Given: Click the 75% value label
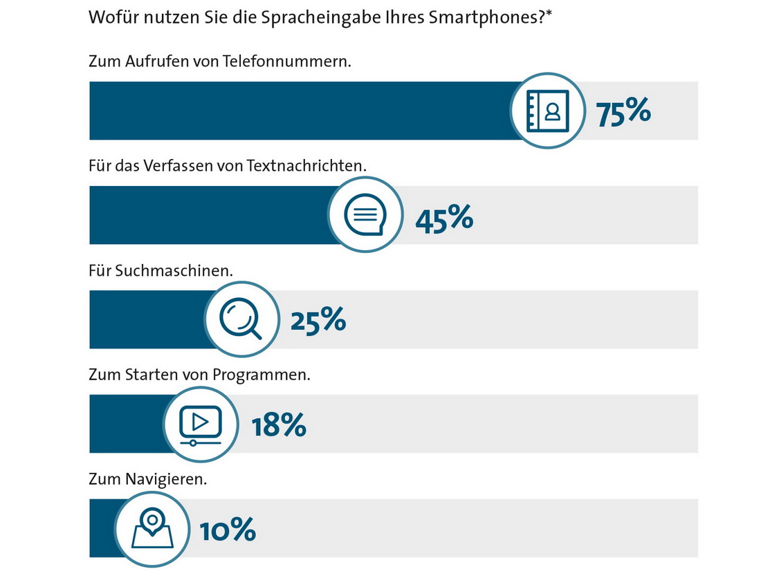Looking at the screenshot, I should point(623,111).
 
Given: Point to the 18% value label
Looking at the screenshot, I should point(279,425).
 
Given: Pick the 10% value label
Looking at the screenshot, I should point(228,530).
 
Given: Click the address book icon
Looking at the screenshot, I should point(547,111).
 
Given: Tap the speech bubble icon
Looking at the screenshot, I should point(365,215).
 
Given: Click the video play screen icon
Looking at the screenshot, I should point(200,424).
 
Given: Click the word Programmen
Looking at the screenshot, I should point(261,376).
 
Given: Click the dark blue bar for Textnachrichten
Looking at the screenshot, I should point(208,215).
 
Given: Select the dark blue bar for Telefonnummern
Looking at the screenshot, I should point(297,111).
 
